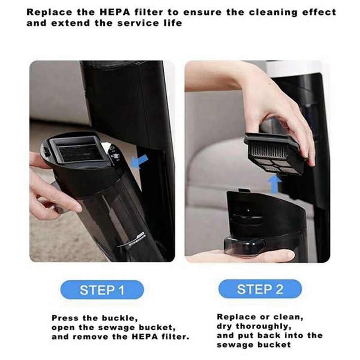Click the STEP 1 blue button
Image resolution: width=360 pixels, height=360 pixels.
pos(102,289)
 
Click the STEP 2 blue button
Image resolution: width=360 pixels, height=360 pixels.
pos(260,289)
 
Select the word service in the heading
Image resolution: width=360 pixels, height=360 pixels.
pos(142,23)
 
